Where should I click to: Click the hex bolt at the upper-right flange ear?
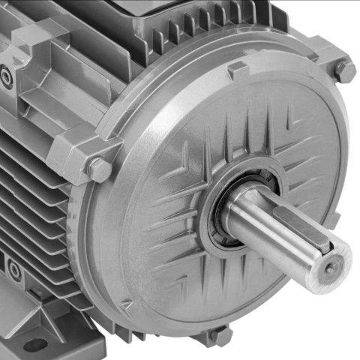point(344,71)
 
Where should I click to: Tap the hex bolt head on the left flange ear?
point(99,168)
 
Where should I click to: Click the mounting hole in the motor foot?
point(34,345)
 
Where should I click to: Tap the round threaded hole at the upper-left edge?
point(6,76)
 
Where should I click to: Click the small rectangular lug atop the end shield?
point(238,70)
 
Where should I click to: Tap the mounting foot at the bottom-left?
point(45,330)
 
